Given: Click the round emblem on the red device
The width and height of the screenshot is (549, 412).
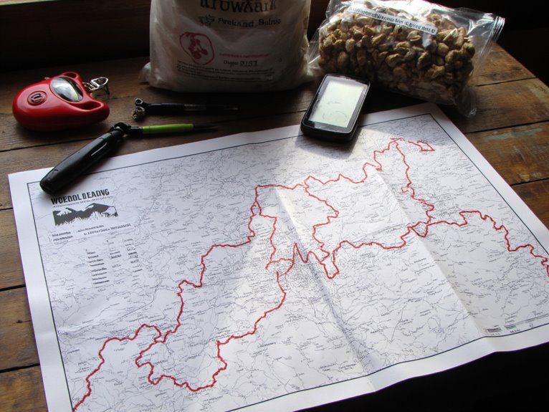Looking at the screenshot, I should [x=35, y=97].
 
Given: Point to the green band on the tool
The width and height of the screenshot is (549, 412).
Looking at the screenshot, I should [x=168, y=128].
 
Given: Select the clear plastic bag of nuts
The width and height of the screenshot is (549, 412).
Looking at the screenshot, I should [x=401, y=50].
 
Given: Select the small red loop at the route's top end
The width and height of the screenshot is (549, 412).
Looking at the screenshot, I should [x=423, y=146].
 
